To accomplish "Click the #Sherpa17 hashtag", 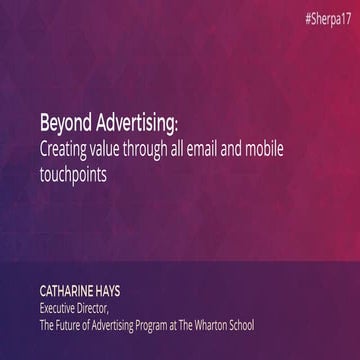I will click(324, 20).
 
